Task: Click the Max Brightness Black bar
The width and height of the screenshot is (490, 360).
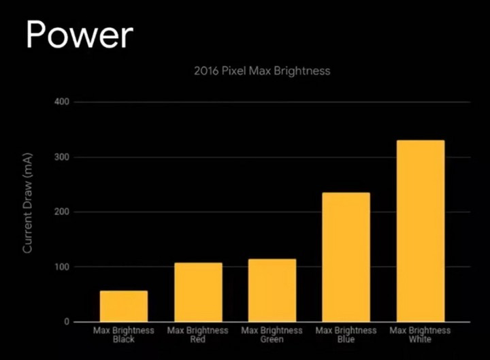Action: pyautogui.click(x=123, y=306)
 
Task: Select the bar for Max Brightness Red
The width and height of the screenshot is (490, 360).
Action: pyautogui.click(x=198, y=292)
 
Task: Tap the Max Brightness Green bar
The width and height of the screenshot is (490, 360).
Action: pyautogui.click(x=272, y=290)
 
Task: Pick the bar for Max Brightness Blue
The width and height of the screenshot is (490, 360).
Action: pyautogui.click(x=346, y=257)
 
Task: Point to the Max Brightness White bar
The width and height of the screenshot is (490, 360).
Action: pyautogui.click(x=420, y=231)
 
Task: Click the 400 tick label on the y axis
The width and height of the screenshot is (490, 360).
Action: pyautogui.click(x=63, y=102)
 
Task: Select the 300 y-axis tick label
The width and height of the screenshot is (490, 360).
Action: pyautogui.click(x=63, y=157)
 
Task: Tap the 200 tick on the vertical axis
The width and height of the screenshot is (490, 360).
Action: pyautogui.click(x=63, y=212)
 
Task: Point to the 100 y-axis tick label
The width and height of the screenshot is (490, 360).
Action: pyautogui.click(x=63, y=267)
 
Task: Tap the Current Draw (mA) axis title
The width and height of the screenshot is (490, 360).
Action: pyautogui.click(x=28, y=212)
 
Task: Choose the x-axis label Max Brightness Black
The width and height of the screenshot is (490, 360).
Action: pyautogui.click(x=123, y=335)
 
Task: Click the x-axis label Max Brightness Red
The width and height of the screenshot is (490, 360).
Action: pyautogui.click(x=198, y=335)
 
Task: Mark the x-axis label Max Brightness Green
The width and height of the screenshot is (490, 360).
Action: pyautogui.click(x=272, y=335)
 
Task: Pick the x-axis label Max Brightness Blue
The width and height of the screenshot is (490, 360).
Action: pyautogui.click(x=346, y=335)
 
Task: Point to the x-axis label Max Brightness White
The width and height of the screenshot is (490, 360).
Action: pyautogui.click(x=420, y=335)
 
